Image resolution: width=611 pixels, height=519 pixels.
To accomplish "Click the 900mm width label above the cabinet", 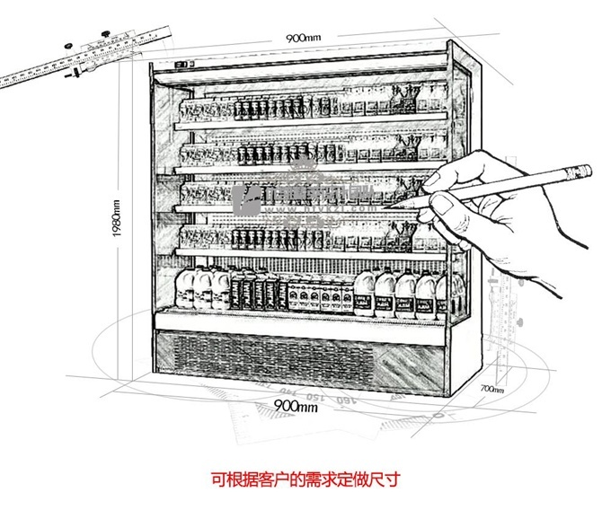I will pos(303,39).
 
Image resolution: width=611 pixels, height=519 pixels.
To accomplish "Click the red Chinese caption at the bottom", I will pos(305,479).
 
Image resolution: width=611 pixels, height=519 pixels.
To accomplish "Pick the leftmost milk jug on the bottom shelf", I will pos(186,287).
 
